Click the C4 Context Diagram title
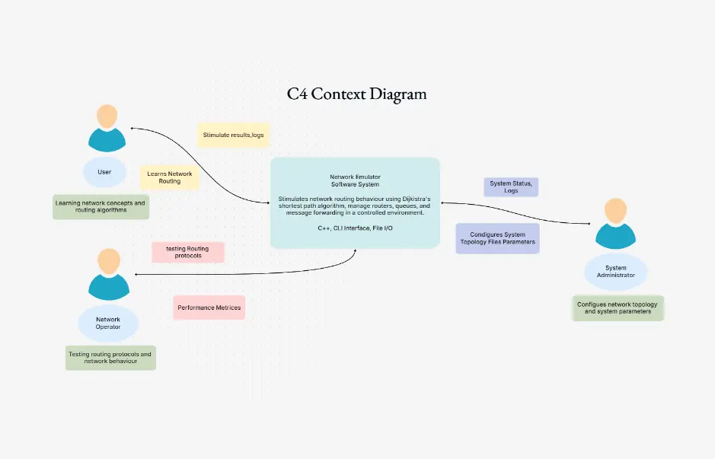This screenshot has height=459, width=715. click(356, 94)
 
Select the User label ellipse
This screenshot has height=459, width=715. click(104, 172)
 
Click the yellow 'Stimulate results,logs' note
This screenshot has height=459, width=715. click(233, 135)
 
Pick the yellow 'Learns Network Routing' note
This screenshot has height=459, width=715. click(169, 177)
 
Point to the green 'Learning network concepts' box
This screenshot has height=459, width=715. click(100, 207)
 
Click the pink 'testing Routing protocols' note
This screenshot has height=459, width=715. click(187, 252)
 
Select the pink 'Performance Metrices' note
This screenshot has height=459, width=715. click(209, 308)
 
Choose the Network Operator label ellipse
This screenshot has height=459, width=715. click(108, 323)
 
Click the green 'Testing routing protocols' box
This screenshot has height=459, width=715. click(110, 358)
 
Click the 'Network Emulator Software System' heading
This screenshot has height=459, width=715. click(355, 180)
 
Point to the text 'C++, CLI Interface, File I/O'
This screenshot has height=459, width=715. click(355, 228)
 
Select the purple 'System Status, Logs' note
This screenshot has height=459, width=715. click(510, 186)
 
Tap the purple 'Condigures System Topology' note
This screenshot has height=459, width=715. click(497, 238)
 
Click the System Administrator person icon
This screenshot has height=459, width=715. click(615, 224)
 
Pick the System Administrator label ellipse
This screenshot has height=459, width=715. click(616, 272)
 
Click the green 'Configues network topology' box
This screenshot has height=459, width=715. click(618, 308)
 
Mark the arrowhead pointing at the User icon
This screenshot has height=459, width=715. click(133, 128)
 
